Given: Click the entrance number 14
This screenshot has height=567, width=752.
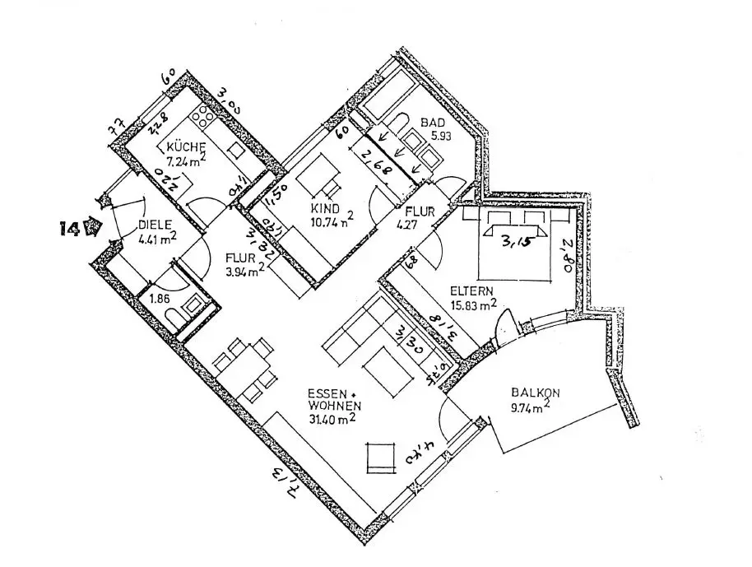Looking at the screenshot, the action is point(71,228).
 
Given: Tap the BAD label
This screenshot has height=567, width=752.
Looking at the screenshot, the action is point(433,123).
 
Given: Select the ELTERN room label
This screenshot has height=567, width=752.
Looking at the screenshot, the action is point(471,290).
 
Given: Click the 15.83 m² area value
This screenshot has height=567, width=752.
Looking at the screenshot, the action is point(474,304).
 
